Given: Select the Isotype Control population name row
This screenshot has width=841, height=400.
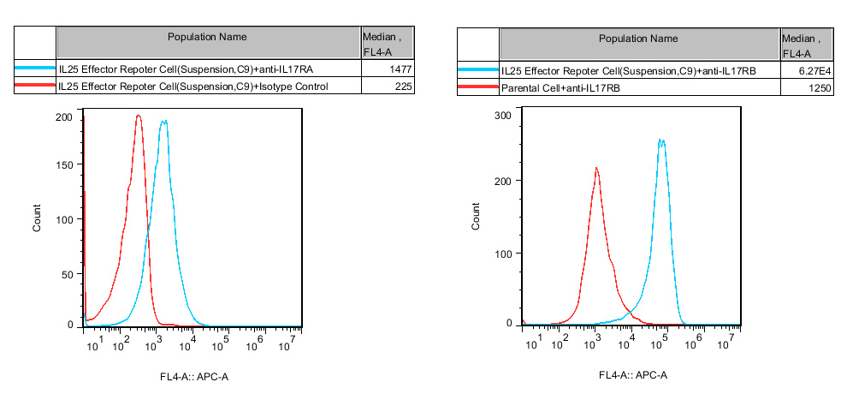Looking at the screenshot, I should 192,87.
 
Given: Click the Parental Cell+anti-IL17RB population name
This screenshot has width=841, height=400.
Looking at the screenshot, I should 560,88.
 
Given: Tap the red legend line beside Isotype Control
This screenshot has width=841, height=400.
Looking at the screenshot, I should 35,87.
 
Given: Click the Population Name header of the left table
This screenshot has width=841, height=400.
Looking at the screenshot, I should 207,37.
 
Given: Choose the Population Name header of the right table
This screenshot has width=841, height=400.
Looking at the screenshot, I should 638,39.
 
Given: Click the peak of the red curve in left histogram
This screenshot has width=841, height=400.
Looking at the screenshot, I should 138,116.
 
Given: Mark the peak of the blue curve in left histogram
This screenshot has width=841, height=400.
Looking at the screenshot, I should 163,122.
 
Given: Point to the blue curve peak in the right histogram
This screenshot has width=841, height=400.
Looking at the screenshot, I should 660,140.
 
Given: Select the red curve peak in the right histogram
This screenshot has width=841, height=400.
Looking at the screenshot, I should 596,168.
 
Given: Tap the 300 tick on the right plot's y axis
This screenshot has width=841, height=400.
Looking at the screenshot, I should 503,115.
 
